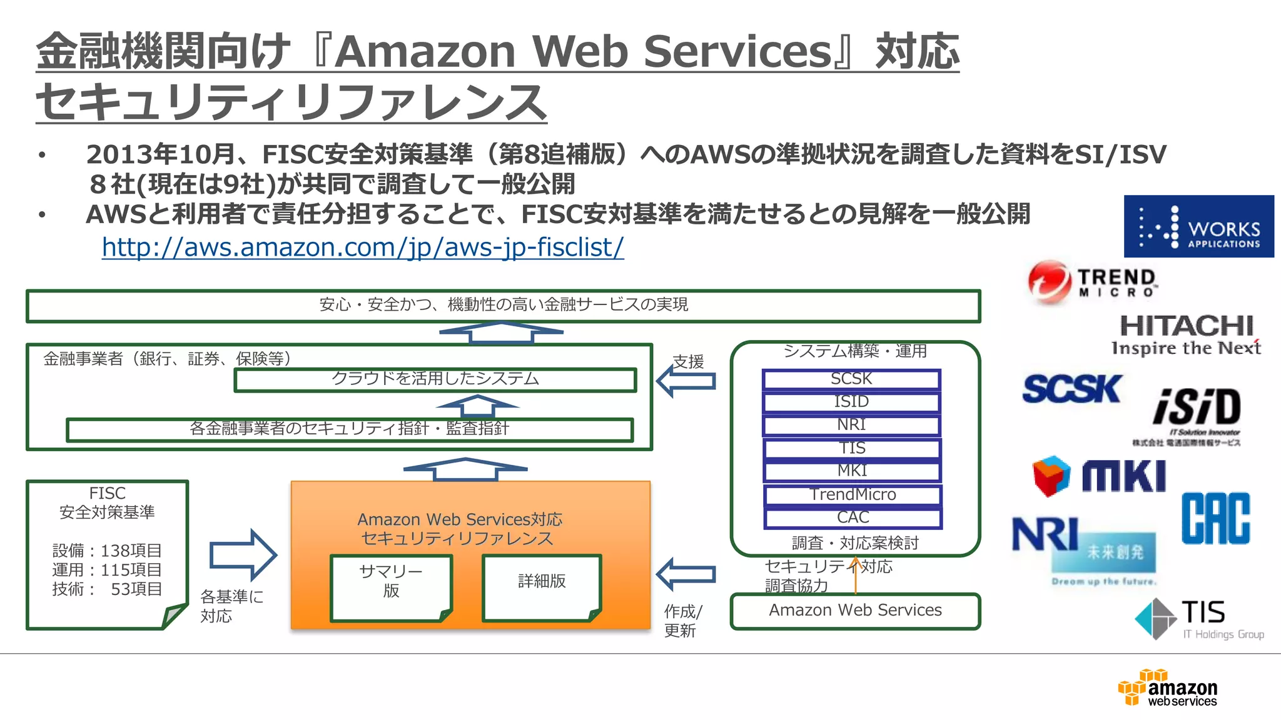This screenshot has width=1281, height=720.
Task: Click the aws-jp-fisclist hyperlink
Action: (x=363, y=247)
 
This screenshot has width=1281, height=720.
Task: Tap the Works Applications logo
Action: (x=1198, y=226)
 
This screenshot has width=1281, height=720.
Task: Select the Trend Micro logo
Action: (x=1092, y=282)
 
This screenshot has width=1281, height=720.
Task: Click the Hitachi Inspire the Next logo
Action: (x=1186, y=335)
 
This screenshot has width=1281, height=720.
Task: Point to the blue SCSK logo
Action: (x=1071, y=389)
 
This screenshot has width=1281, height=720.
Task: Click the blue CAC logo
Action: (x=1215, y=518)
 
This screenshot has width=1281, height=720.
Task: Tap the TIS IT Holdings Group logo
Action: (x=1198, y=619)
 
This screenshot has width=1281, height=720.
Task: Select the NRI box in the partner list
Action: (x=851, y=425)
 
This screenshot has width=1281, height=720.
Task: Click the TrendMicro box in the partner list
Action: (x=853, y=494)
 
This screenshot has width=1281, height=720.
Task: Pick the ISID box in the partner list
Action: (x=851, y=402)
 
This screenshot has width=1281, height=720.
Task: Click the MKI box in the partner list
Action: (x=852, y=471)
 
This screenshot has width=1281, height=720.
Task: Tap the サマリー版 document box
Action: (x=391, y=587)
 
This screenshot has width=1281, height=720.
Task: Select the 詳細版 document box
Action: (x=542, y=587)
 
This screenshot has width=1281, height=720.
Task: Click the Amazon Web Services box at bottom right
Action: (x=855, y=611)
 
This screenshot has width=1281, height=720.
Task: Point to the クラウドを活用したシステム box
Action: (x=435, y=379)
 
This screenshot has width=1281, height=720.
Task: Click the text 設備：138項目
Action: (x=107, y=551)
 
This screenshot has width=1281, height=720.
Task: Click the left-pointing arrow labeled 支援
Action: (x=686, y=381)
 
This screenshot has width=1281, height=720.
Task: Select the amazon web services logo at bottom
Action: (x=1167, y=688)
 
